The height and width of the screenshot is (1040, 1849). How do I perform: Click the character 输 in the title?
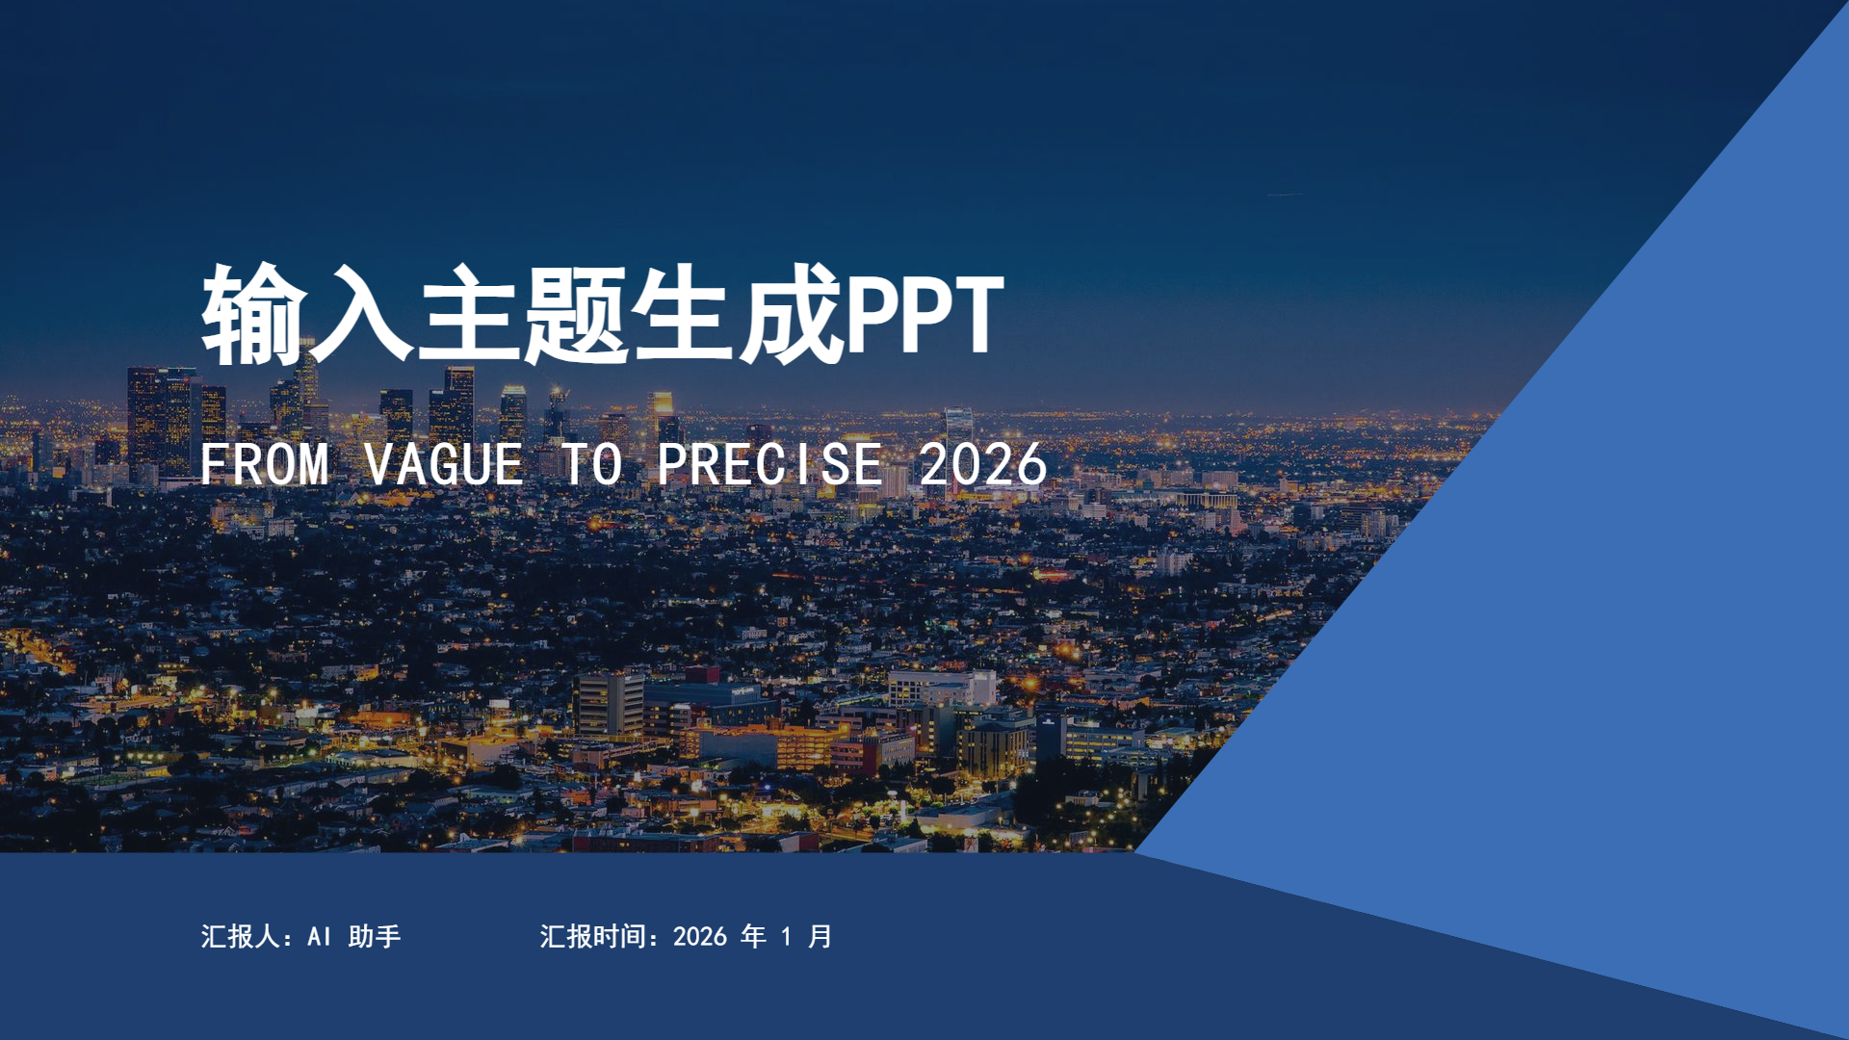click(254, 314)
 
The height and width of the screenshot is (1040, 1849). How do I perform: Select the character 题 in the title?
click(576, 314)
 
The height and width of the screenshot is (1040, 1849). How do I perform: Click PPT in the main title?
click(924, 314)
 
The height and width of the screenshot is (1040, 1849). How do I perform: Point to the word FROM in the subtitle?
click(265, 464)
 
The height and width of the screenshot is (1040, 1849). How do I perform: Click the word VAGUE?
click(444, 464)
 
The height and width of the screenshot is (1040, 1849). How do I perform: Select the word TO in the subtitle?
click(592, 464)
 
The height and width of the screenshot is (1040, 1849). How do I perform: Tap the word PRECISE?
click(769, 464)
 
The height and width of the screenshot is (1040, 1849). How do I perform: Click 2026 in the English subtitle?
click(982, 464)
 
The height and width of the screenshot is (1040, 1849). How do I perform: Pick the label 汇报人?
click(240, 936)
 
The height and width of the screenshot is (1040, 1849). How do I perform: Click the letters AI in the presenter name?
click(320, 936)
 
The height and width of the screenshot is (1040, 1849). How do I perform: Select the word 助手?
click(375, 936)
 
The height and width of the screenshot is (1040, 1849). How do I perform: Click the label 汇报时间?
click(592, 936)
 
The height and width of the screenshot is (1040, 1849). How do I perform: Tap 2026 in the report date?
click(700, 936)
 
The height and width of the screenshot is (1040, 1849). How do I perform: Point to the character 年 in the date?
click(754, 936)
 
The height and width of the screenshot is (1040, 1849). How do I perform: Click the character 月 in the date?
click(820, 936)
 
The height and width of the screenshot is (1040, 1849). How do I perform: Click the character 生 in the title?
click(684, 314)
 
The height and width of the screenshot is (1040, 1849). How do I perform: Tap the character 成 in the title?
click(791, 314)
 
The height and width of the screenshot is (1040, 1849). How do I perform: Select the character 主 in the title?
click(469, 314)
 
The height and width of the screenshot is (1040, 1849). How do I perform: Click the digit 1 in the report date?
click(787, 936)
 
